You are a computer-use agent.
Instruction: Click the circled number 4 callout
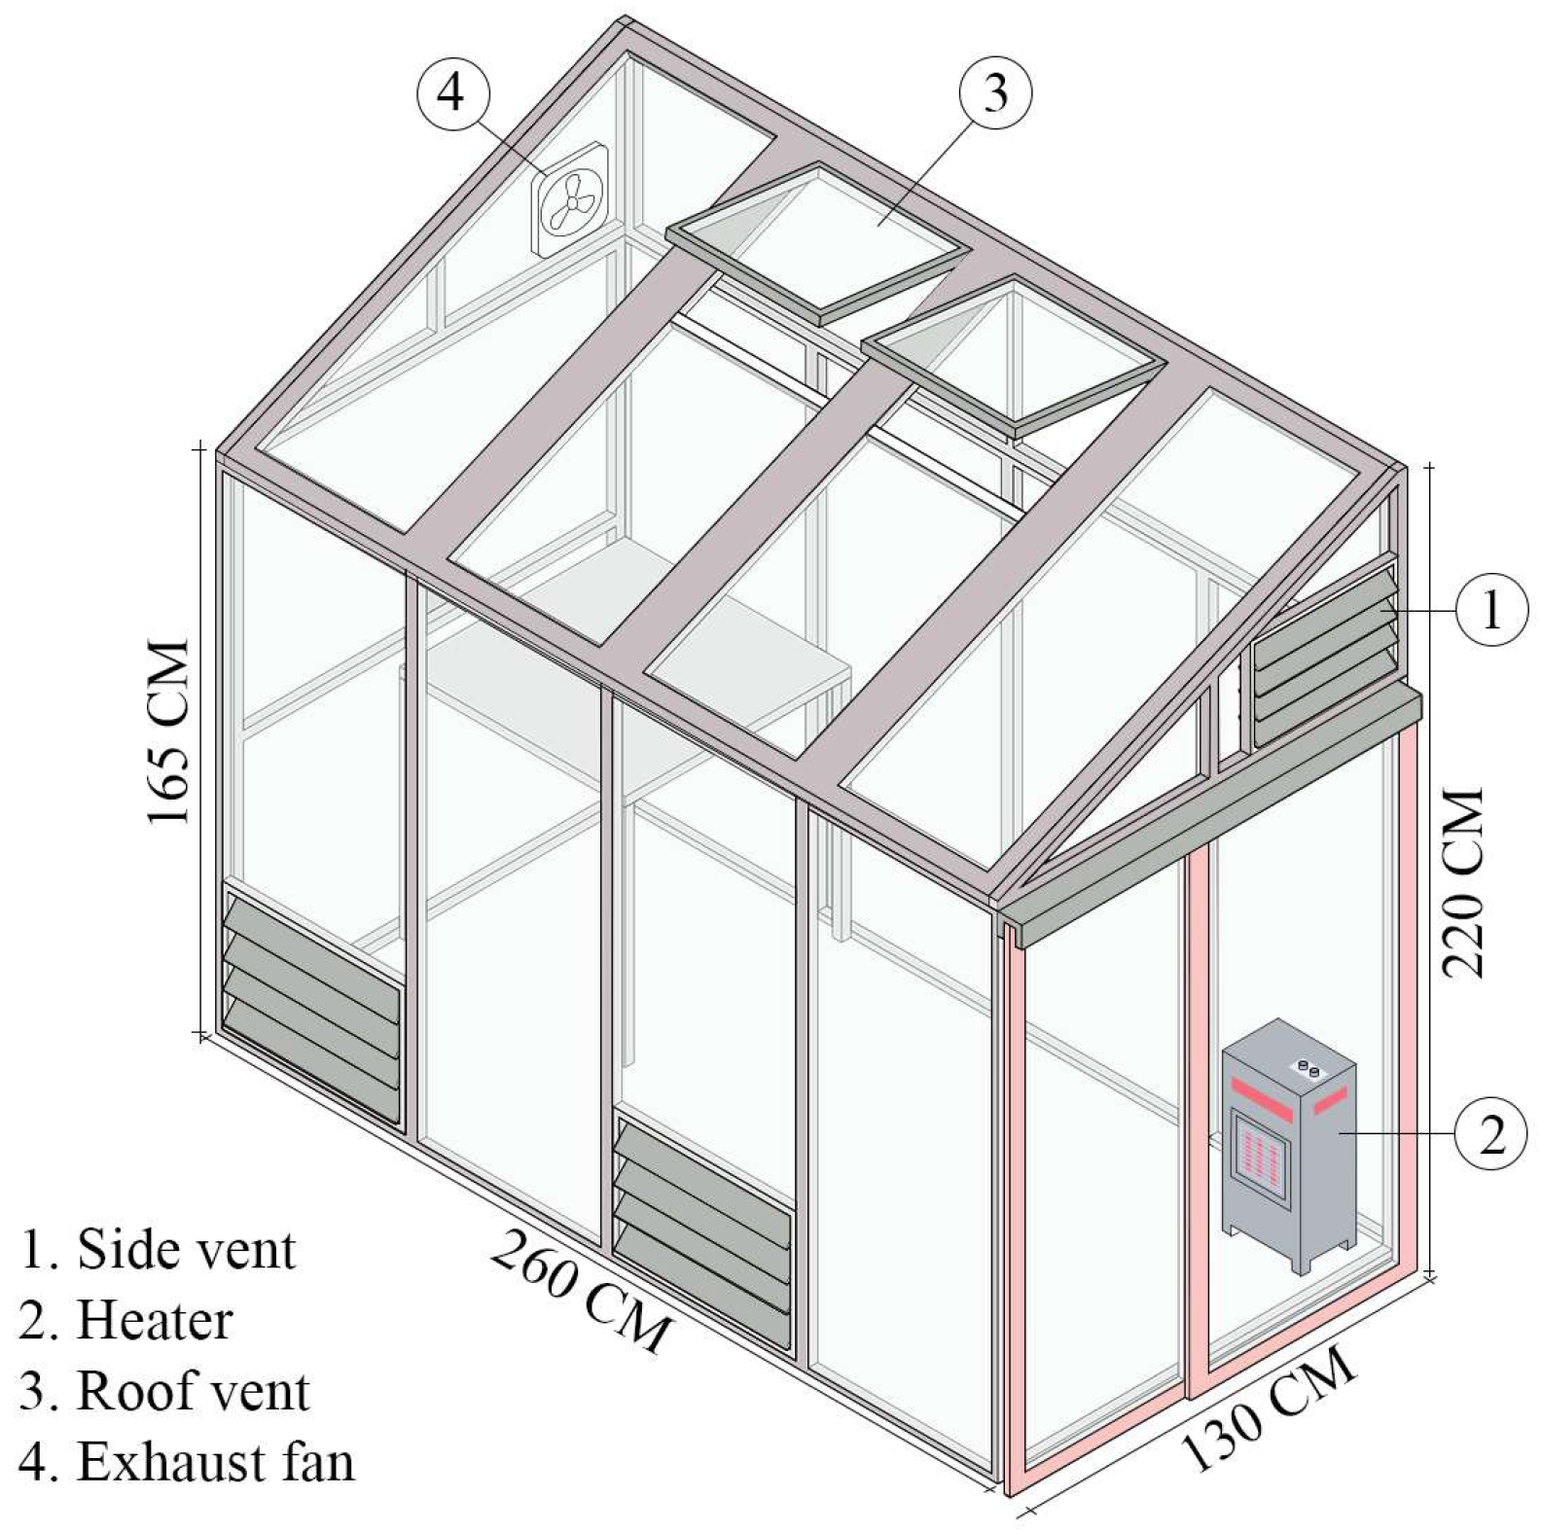click(452, 95)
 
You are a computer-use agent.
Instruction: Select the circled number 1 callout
click(1491, 610)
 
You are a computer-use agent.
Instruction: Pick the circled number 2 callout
click(1491, 1134)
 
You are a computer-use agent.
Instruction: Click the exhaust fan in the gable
click(569, 200)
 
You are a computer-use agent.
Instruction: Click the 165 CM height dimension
click(168, 731)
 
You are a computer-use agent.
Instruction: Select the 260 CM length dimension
click(581, 1291)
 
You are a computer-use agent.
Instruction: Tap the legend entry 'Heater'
click(126, 1320)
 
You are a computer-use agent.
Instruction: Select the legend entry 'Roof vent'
click(164, 1391)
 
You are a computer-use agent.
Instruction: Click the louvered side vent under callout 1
click(1325, 656)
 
